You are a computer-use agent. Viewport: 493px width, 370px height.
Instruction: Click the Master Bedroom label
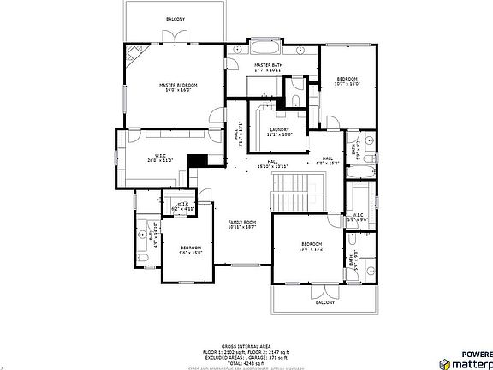pyautogui.click(x=178, y=87)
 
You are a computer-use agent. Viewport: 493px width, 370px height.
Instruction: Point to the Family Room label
pyautogui.click(x=242, y=224)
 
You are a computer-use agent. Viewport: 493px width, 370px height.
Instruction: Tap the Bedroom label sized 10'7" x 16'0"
pyautogui.click(x=347, y=81)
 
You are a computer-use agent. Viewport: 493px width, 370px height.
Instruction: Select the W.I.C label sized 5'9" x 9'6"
pyautogui.click(x=357, y=218)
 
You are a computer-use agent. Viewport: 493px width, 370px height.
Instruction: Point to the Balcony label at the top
pyautogui.click(x=175, y=18)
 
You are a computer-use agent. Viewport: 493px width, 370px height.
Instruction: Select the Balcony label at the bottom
pyautogui.click(x=325, y=302)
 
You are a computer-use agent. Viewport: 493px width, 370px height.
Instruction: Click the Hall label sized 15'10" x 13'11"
pyautogui.click(x=272, y=163)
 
